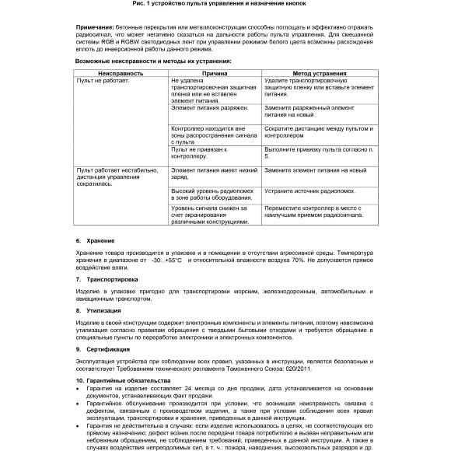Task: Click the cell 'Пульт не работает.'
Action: [102, 80]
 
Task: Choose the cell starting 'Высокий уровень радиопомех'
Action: [210, 194]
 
